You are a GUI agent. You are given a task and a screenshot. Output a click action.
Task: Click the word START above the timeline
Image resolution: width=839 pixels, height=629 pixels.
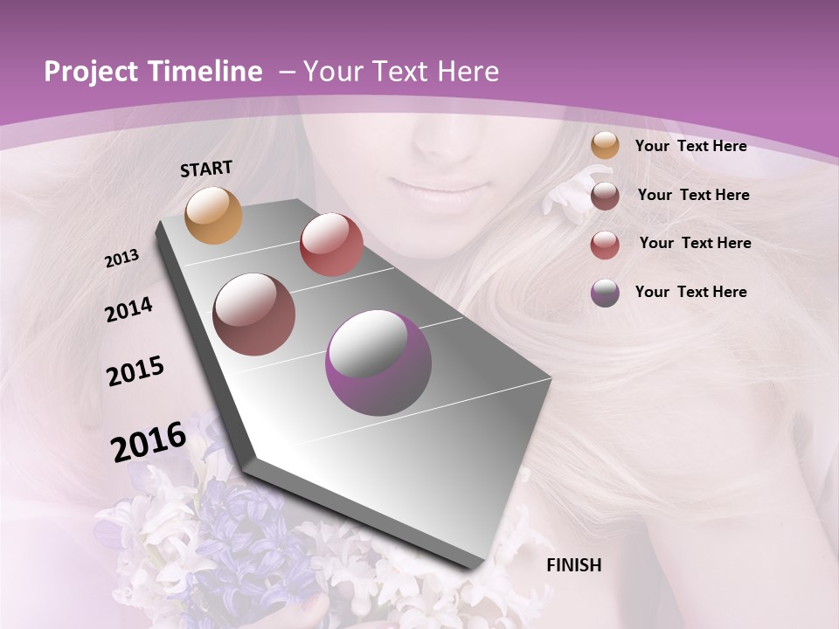[206, 169]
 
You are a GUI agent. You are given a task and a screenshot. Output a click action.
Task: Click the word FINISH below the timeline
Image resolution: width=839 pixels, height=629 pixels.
[573, 565]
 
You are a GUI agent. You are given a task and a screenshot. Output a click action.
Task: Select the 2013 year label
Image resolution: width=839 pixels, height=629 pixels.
[121, 259]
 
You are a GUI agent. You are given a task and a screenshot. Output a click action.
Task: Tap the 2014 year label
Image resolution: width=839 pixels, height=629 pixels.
[128, 309]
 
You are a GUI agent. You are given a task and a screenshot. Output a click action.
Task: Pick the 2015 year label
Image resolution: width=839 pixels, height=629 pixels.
[135, 371]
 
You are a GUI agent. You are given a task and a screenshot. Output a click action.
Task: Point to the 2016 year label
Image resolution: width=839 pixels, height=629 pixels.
[149, 442]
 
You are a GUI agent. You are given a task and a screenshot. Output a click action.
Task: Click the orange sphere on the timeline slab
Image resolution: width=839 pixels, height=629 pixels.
[214, 215]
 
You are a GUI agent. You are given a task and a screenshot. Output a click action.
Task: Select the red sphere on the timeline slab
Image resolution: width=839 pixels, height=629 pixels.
[331, 244]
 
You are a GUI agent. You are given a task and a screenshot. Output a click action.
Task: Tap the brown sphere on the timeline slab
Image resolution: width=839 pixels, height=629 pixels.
[254, 314]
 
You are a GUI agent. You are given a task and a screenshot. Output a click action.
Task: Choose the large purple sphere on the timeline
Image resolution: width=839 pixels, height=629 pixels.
[378, 363]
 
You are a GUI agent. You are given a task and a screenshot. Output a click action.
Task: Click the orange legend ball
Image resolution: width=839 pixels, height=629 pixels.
[605, 146]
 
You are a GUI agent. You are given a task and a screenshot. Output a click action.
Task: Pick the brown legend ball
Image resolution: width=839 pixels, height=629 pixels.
[605, 196]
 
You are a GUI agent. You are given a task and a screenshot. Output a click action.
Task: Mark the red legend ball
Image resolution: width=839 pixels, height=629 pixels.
[605, 245]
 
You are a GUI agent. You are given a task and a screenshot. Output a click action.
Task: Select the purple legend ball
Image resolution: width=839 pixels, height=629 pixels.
[605, 293]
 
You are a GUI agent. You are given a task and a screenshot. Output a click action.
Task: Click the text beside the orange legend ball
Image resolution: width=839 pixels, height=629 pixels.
[690, 147]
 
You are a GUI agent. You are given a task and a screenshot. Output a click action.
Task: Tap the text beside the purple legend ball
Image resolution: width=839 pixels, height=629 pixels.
[690, 292]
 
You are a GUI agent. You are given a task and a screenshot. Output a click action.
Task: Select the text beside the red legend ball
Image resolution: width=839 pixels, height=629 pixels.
[695, 243]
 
